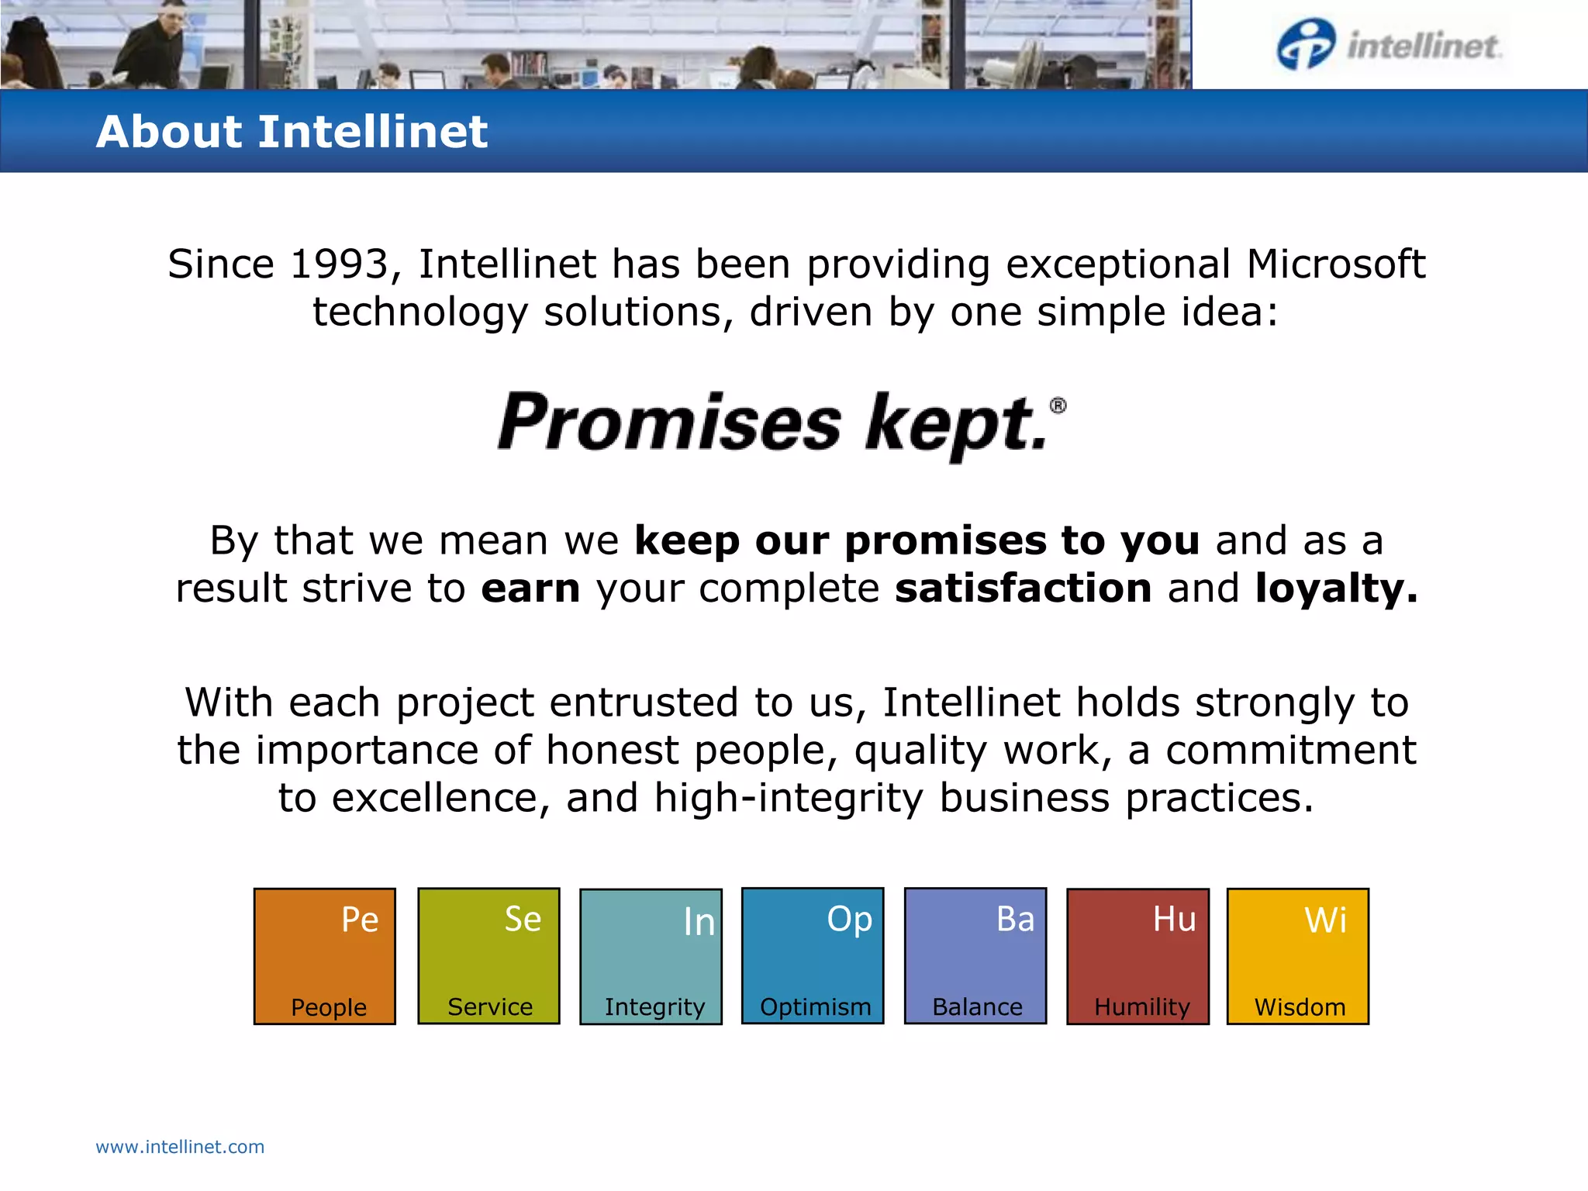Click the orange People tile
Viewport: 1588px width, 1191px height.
(x=325, y=956)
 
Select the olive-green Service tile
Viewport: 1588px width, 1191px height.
(x=488, y=956)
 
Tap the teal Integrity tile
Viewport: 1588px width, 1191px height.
(x=651, y=956)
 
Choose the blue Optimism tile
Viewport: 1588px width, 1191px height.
(x=813, y=956)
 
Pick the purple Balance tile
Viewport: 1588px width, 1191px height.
(x=975, y=956)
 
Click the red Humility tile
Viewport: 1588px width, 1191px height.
(x=1137, y=956)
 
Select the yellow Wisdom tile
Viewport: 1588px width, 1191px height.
(x=1298, y=956)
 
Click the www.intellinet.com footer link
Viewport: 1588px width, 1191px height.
(x=180, y=1147)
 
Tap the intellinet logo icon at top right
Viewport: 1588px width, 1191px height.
(x=1306, y=45)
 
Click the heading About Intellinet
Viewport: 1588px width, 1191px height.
(x=292, y=131)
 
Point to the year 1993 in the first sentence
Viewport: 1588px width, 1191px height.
(x=339, y=264)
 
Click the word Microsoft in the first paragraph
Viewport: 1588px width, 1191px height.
(x=1335, y=264)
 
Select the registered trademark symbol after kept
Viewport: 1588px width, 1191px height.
(x=1058, y=406)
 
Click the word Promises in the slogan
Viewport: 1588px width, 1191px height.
(x=668, y=423)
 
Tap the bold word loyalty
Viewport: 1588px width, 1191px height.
(x=1336, y=589)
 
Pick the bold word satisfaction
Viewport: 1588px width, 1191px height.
(x=1023, y=589)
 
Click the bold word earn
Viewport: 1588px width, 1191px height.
(x=530, y=589)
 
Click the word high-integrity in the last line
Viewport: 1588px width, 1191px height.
(x=789, y=798)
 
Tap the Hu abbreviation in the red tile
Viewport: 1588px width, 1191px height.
(x=1174, y=920)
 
